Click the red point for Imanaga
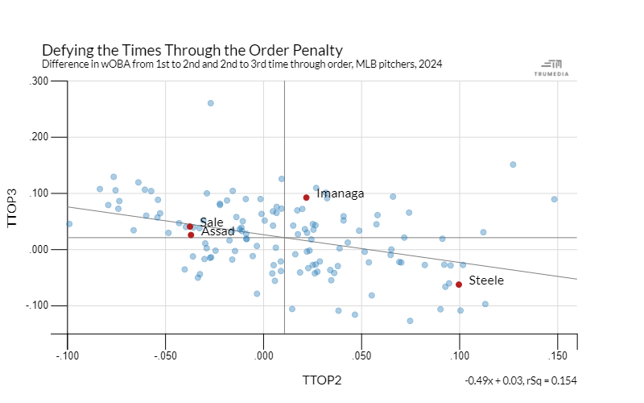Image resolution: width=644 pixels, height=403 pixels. click(306, 197)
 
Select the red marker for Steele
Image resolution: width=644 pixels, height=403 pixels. click(459, 284)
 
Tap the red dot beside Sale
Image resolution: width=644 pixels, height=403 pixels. click(190, 226)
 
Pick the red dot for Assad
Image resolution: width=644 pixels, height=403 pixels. click(191, 235)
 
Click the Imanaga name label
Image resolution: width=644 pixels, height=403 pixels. click(341, 193)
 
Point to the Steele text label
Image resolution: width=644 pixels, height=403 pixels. click(486, 280)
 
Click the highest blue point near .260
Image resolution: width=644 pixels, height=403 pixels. click(211, 103)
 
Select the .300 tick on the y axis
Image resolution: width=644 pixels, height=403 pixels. click(39, 81)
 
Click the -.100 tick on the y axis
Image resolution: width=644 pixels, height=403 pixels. click(38, 305)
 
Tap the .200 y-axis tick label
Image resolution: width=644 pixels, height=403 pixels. click(39, 137)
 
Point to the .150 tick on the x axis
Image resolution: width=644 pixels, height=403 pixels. click(558, 355)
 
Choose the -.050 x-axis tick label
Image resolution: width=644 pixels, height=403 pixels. click(165, 355)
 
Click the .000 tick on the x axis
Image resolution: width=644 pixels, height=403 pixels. click(264, 355)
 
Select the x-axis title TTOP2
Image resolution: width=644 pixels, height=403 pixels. click(322, 380)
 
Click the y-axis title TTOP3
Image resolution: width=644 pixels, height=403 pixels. click(13, 207)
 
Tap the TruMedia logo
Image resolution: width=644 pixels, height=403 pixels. click(552, 67)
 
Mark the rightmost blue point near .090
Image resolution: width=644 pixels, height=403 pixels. click(554, 199)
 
